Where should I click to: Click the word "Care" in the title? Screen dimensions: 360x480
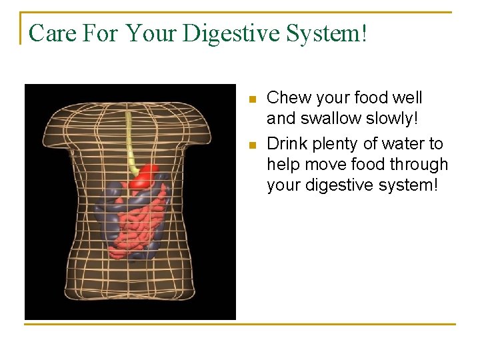pyautogui.click(x=53, y=33)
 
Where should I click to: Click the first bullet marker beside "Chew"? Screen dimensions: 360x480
pyautogui.click(x=251, y=99)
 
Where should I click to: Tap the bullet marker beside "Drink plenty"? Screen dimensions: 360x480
pyautogui.click(x=251, y=145)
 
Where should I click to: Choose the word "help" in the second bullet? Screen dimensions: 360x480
pyautogui.click(x=282, y=164)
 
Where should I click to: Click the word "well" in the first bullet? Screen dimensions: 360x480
pyautogui.click(x=407, y=98)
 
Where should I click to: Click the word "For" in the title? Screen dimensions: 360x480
pyautogui.click(x=100, y=33)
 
